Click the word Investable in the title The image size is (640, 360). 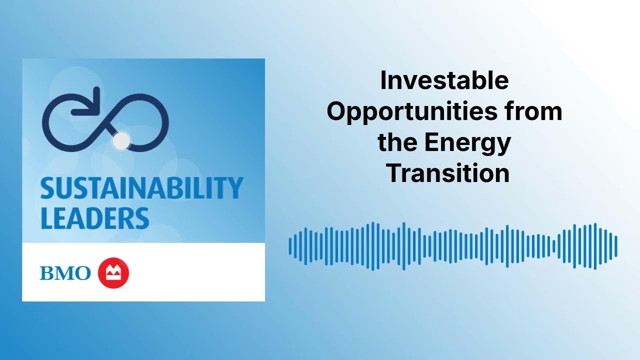click(444, 81)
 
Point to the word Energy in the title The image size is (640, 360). click(467, 143)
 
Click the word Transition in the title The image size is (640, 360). click(447, 173)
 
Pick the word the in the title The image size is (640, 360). click(397, 142)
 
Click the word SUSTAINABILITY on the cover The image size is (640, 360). click(141, 188)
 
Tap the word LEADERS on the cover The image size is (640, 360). click(94, 218)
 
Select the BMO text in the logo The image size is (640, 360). click(65, 273)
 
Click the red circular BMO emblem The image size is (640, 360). click(113, 273)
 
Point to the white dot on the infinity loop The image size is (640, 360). click(120, 141)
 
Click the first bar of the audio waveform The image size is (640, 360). click(290, 246)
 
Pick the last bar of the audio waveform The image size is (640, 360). click(616, 246)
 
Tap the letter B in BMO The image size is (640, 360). click(47, 273)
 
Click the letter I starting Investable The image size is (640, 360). click(383, 81)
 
